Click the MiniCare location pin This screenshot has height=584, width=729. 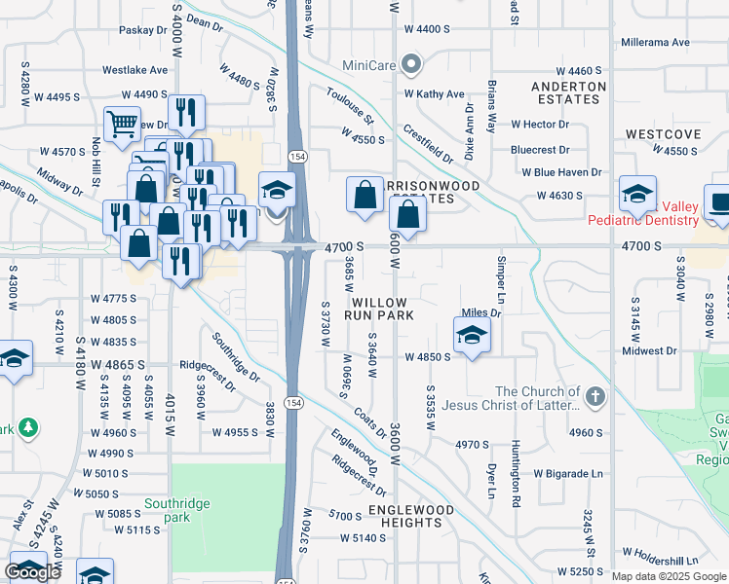point(411,66)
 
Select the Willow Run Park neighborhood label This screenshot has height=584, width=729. point(383,310)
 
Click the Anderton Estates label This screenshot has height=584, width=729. point(569,92)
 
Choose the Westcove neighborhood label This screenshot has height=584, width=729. point(663,133)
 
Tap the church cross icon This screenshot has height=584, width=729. point(595,397)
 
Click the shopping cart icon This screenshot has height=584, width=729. point(122,124)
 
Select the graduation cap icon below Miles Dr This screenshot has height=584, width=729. point(472,336)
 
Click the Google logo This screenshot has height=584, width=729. point(32,572)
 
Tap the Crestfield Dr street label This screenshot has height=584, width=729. point(429,144)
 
